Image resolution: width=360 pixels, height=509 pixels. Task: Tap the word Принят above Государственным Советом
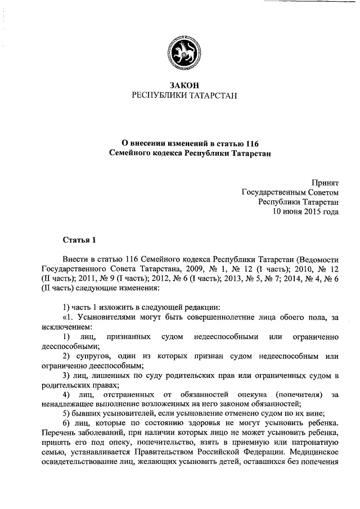(x=326, y=182)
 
